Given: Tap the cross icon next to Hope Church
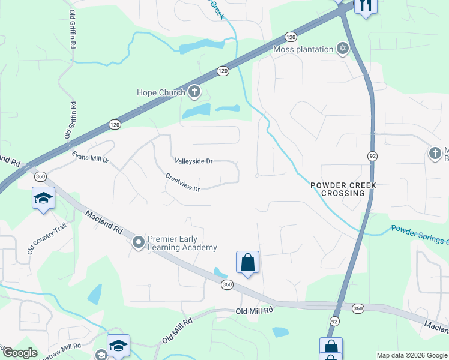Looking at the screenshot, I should pos(194,92).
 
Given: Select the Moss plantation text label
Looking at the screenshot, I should pos(304,49).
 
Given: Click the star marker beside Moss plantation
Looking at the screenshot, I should pos(343,49).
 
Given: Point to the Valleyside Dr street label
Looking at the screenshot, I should pos(194,161).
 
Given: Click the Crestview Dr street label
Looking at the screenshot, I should pos(182,182).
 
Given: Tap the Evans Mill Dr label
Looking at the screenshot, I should pos(91,157).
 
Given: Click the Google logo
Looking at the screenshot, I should pos(19,353).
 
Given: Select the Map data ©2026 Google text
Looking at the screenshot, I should pos(411,355).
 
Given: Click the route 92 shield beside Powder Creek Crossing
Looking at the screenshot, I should pos(372,156).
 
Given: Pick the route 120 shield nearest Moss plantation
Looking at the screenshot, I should pos(291,36).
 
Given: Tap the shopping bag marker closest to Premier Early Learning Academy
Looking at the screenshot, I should pos(247,262).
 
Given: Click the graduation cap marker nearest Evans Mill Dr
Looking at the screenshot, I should pos(43,197).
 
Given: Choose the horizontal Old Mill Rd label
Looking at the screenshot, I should pos(254,310).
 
